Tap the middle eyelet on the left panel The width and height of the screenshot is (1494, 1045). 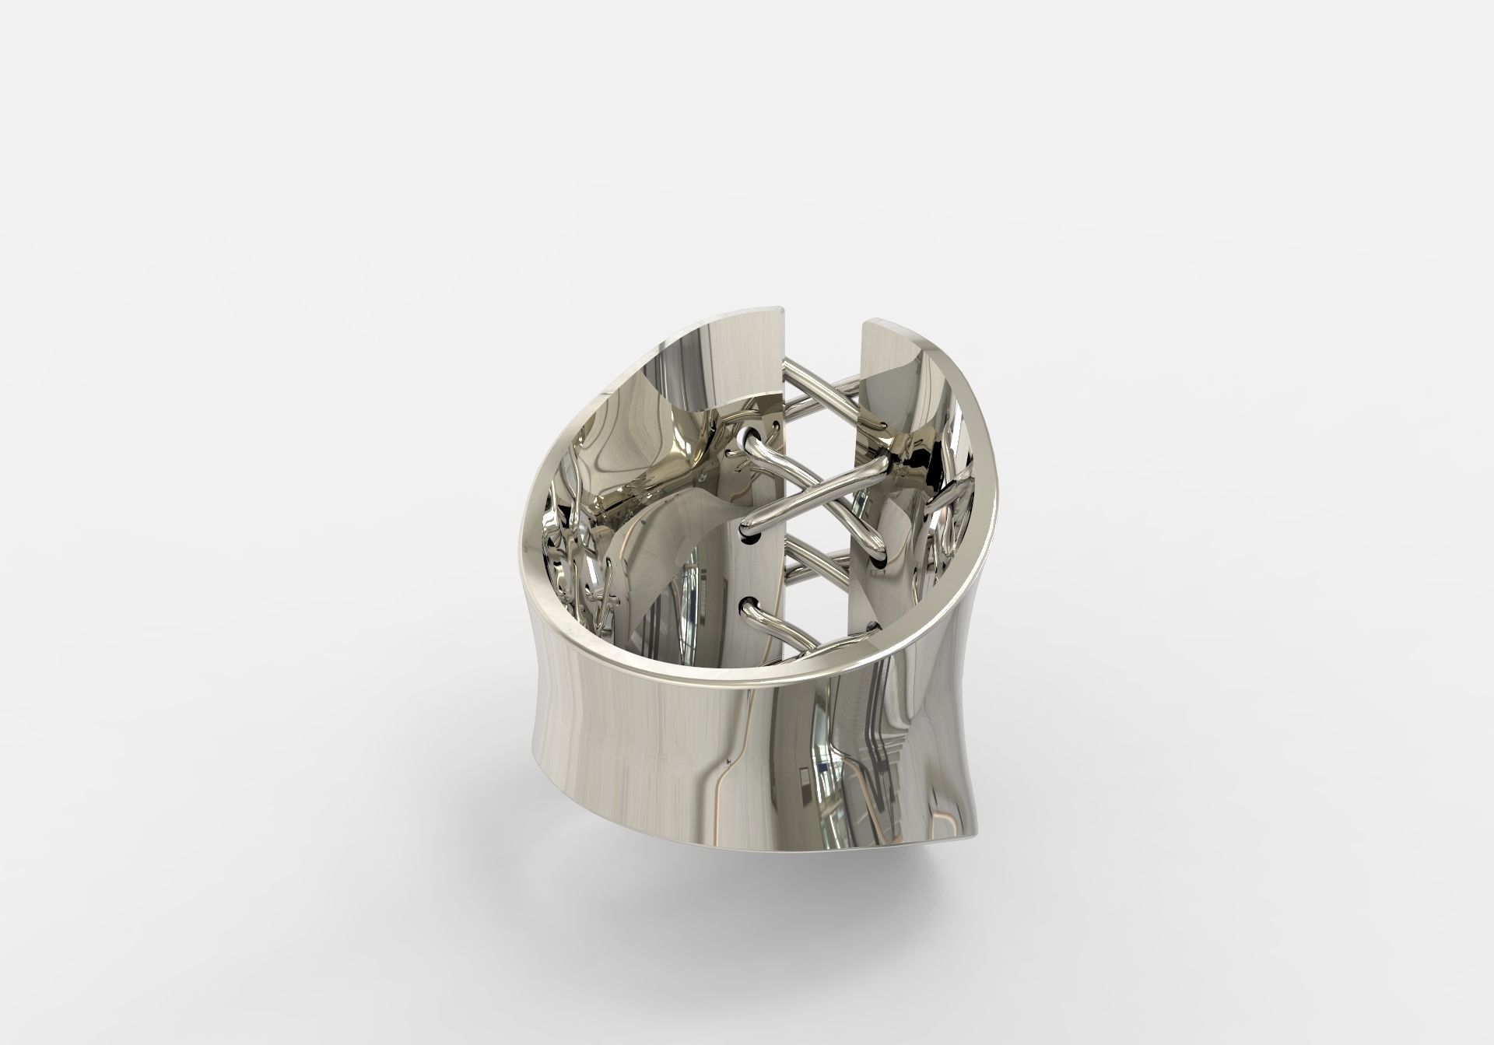[751, 534]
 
